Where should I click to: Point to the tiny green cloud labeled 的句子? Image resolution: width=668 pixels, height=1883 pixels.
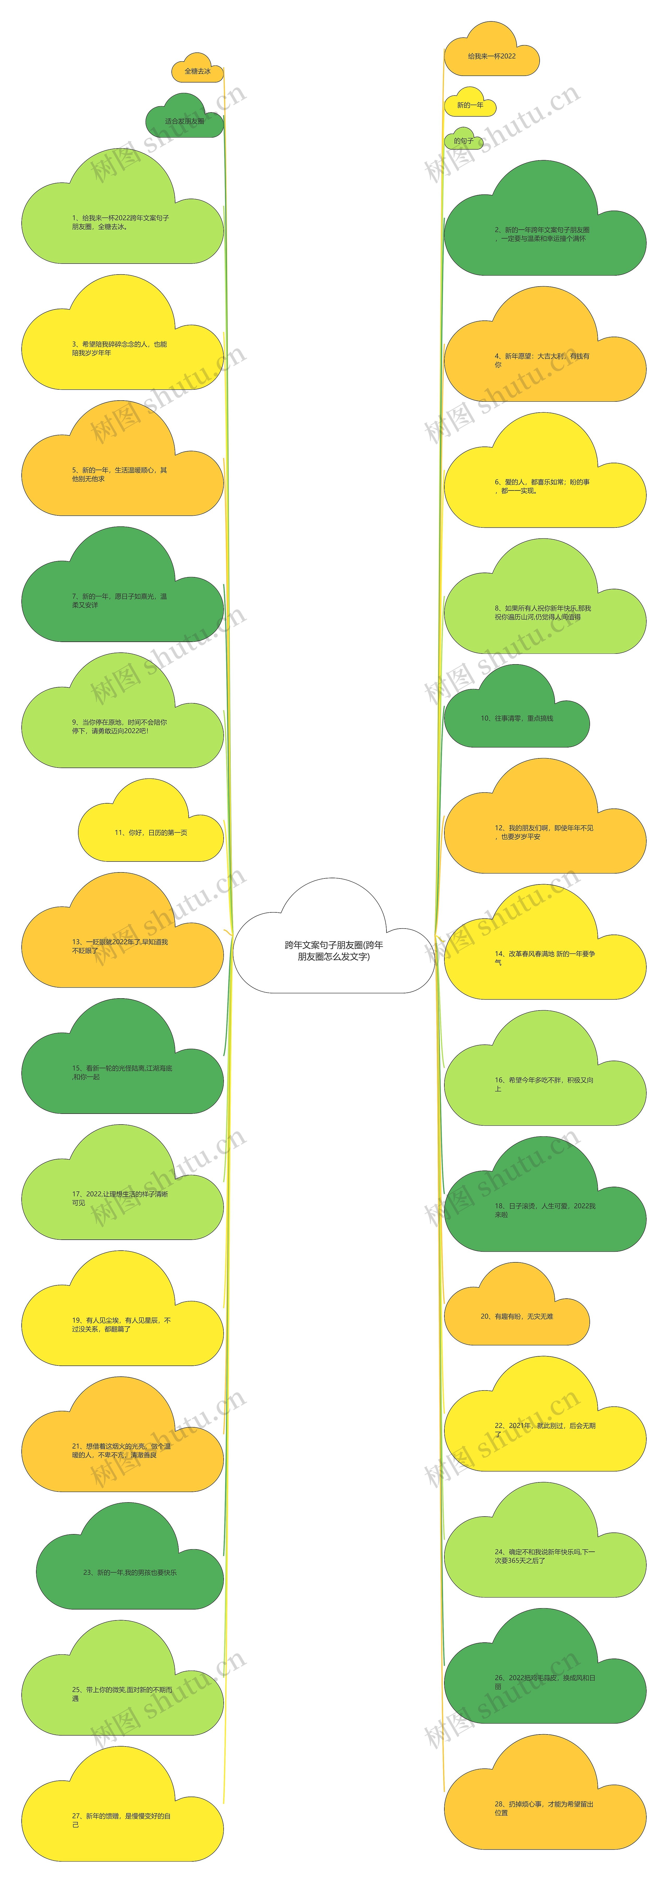pyautogui.click(x=463, y=140)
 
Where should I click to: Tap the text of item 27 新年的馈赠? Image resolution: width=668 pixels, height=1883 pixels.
pyautogui.click(x=121, y=1820)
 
